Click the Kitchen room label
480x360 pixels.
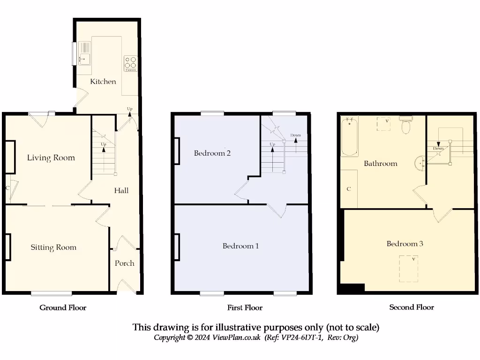pos(103,82)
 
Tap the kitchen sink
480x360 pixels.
pos(85,59)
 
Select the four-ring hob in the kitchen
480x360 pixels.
pos(130,63)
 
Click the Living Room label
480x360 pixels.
pos(51,157)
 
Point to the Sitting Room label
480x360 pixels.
pos(53,247)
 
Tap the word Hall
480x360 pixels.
pos(121,190)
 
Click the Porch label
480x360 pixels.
pos(124,263)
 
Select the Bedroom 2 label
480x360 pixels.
pos(212,153)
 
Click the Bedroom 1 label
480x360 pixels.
pos(240,246)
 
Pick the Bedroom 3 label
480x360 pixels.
pos(405,244)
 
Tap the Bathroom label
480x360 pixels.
pos(381,164)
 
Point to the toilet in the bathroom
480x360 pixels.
pos(406,125)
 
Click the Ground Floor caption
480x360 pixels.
pos(63,307)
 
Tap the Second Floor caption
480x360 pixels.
pos(412,307)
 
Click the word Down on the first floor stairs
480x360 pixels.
pos(295,135)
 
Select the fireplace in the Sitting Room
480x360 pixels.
pos(8,247)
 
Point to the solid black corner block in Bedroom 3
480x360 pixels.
pos(352,288)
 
